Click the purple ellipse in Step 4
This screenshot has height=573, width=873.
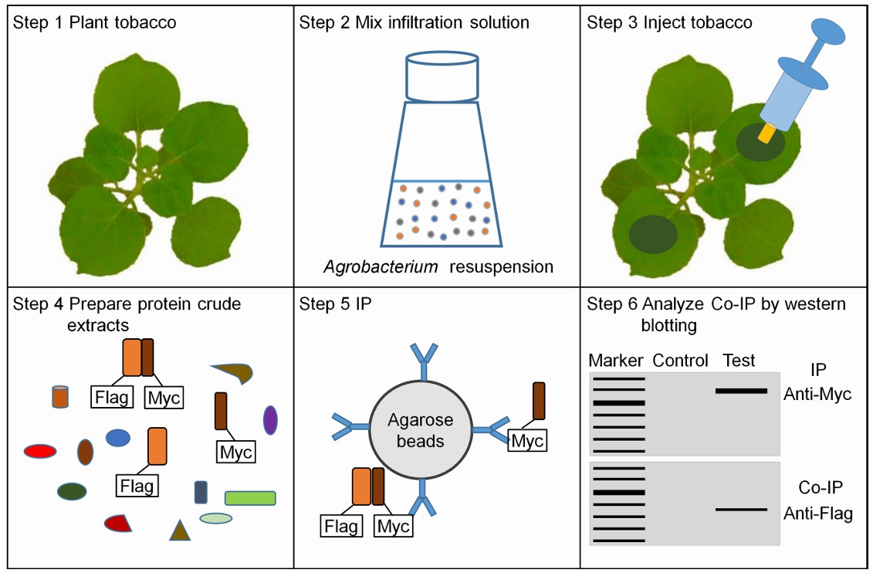[270, 420]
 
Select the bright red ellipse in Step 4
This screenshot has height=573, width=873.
[40, 451]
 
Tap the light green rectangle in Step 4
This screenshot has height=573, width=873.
[250, 498]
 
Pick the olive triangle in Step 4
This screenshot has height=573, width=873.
[179, 530]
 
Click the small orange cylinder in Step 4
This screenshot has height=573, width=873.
[60, 396]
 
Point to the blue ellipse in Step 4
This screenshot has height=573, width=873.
[117, 438]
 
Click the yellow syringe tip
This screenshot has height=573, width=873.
[766, 134]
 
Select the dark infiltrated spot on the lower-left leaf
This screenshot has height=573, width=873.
[653, 234]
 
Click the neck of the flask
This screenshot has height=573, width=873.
[442, 77]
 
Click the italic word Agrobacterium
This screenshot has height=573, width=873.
[381, 267]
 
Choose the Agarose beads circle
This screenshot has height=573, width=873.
[421, 430]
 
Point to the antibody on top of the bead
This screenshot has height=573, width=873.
[424, 361]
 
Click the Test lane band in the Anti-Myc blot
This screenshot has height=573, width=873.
[741, 391]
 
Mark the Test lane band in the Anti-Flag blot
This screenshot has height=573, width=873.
[741, 509]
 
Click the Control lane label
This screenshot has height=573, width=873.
[680, 361]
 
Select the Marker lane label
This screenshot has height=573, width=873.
[616, 361]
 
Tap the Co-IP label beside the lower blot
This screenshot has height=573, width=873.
[820, 487]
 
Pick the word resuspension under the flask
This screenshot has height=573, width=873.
[501, 267]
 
